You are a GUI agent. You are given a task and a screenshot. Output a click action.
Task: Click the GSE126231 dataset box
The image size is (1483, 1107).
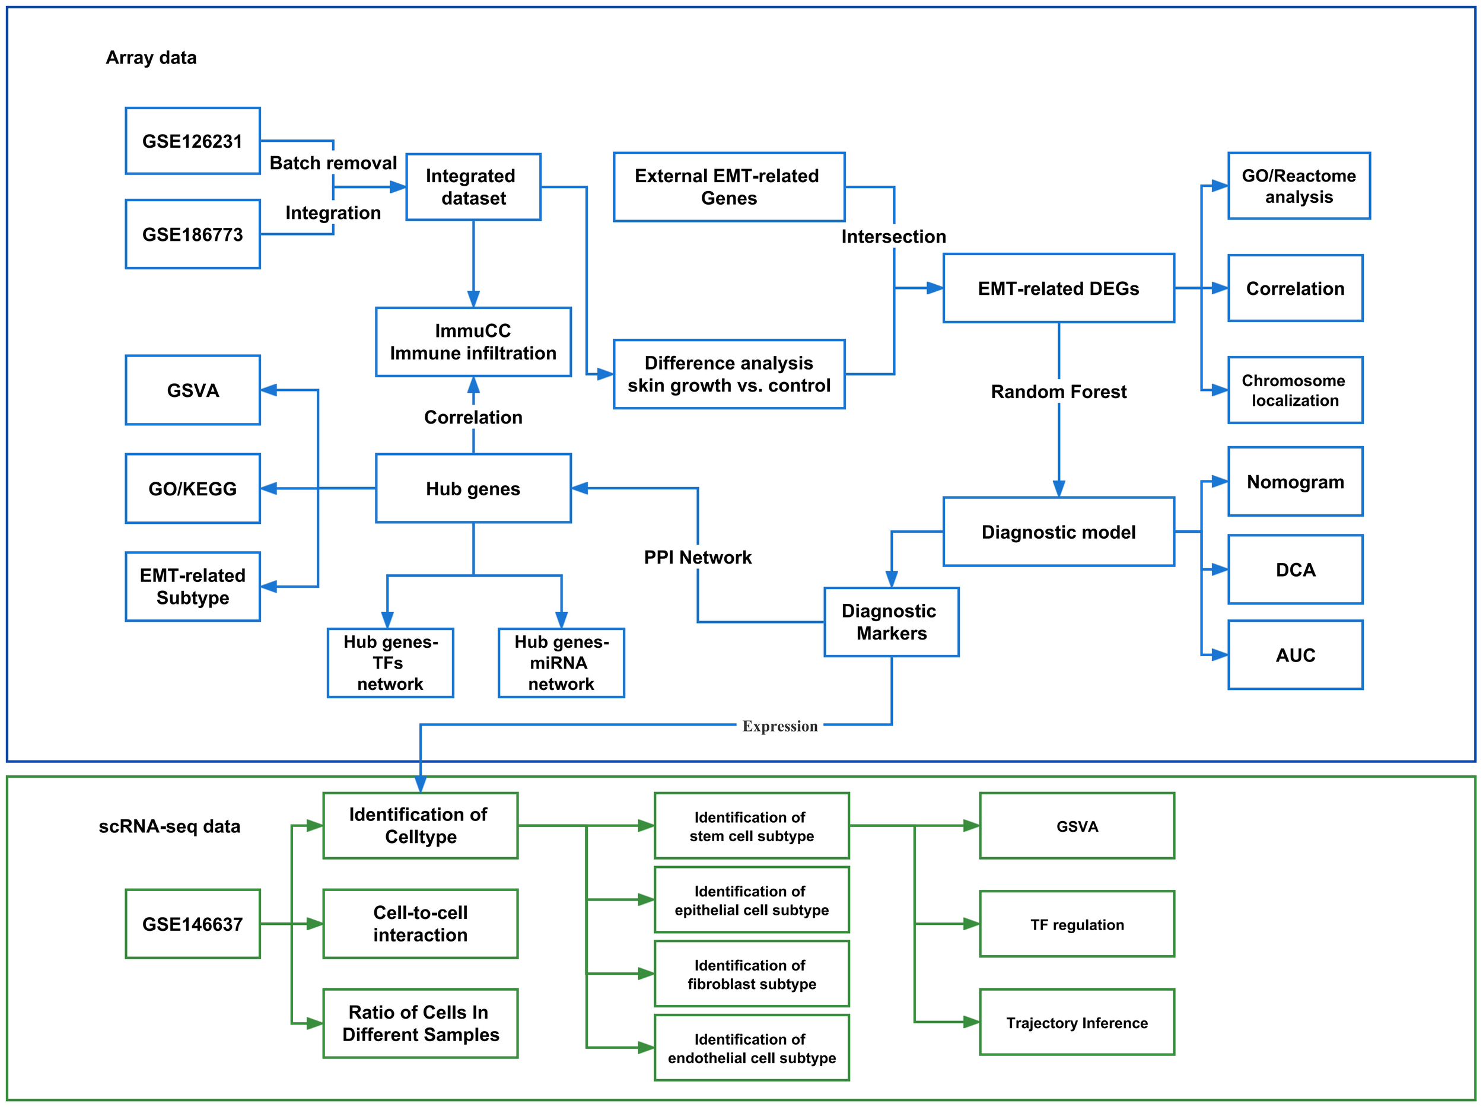[192, 141]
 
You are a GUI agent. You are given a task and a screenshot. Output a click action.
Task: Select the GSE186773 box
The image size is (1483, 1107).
[192, 234]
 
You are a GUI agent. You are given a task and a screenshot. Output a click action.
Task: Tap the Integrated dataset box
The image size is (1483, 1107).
[473, 187]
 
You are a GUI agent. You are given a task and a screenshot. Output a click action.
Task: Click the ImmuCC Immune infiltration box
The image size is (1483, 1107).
[473, 342]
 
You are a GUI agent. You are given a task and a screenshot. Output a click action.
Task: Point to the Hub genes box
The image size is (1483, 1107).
[473, 488]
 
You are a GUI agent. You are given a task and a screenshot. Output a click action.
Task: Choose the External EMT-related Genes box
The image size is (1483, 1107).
[728, 187]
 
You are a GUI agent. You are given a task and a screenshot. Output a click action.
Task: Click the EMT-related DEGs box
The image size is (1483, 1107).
[1058, 288]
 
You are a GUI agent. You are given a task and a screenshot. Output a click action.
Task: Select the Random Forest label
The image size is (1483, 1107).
[1058, 392]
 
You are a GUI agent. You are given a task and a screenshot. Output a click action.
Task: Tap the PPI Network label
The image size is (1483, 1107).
[697, 557]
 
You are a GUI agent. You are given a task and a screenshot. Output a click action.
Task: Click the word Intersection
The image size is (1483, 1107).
[893, 237]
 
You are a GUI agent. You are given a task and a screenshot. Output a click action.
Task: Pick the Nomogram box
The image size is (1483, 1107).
[1295, 482]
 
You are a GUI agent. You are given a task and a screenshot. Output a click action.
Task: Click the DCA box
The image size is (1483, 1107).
[1295, 570]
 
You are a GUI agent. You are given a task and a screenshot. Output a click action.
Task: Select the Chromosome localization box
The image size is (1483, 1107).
[1295, 390]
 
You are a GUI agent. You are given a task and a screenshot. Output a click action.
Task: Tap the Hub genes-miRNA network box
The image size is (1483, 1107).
[561, 663]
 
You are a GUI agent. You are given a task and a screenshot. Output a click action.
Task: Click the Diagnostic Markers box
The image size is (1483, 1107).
[890, 622]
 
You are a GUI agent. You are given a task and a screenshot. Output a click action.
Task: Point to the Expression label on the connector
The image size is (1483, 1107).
[779, 726]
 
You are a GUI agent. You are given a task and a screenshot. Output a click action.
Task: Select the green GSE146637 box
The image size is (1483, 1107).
[192, 924]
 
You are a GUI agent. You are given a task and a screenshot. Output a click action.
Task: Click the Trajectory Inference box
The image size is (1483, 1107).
[1076, 1022]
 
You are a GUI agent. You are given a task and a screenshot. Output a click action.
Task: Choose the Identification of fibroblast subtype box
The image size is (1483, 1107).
[751, 974]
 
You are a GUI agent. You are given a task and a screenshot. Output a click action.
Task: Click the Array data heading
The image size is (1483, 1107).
[151, 58]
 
